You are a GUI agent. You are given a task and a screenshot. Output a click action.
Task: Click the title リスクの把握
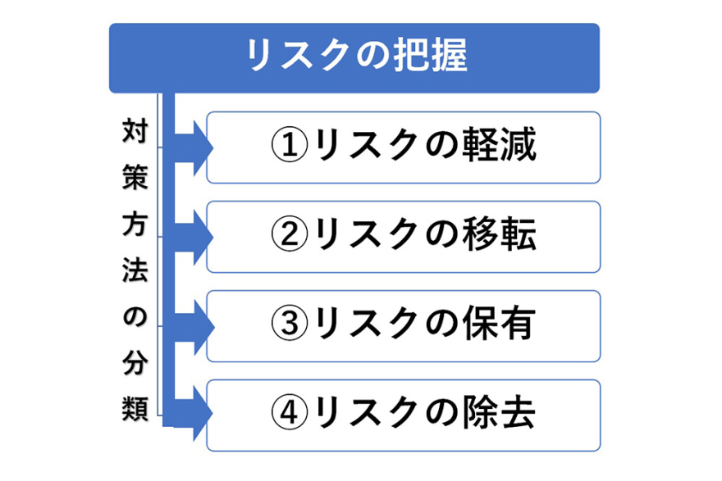[357, 55]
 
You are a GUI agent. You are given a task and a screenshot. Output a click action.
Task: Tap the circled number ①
[289, 145]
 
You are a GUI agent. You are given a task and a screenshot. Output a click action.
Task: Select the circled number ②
[289, 234]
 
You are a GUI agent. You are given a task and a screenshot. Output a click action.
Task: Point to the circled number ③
[289, 324]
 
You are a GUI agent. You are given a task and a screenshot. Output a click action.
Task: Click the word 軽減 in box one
[499, 144]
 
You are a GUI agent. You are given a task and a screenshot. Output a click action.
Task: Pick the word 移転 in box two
[499, 234]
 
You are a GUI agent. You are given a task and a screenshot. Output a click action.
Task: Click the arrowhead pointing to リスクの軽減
[202, 148]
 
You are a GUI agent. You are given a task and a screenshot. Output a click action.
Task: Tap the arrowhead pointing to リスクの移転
[202, 238]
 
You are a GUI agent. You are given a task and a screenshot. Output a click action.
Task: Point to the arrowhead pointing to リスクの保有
[202, 327]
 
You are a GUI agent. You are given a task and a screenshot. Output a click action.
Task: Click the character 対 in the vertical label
[135, 131]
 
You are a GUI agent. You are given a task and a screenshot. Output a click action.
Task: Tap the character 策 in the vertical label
[135, 177]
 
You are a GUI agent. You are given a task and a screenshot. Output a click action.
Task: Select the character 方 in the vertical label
[135, 224]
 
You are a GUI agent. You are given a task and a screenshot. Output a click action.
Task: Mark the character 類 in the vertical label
[135, 409]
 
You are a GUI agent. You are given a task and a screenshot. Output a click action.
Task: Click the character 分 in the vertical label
[135, 363]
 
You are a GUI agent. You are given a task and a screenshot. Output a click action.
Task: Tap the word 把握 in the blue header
[431, 55]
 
